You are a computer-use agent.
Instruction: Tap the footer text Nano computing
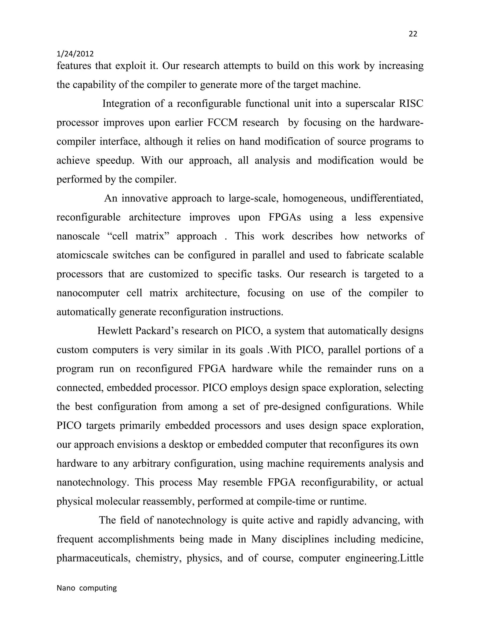(x=87, y=588)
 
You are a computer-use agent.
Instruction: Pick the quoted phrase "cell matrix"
(x=139, y=236)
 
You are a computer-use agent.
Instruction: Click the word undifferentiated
(x=387, y=198)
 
